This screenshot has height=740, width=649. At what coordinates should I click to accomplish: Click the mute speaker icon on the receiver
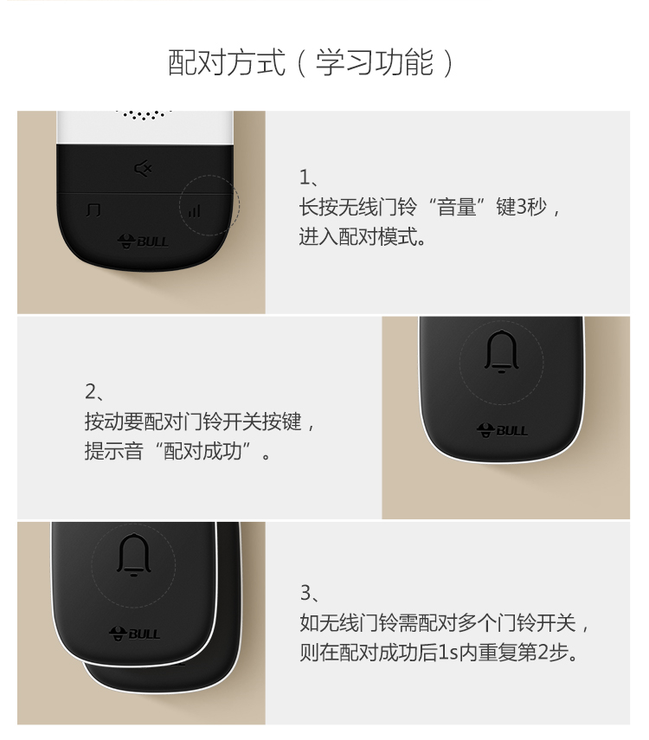tap(143, 169)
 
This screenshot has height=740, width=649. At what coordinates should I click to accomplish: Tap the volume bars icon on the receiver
tap(195, 210)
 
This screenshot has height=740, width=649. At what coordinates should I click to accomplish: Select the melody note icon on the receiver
tap(93, 210)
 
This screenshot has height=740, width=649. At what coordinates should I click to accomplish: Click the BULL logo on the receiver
tap(143, 241)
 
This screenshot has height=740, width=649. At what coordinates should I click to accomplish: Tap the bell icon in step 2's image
tap(501, 351)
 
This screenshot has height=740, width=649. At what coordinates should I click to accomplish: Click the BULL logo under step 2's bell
tap(502, 430)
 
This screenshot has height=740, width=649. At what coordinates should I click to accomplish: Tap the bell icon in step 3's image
tap(134, 555)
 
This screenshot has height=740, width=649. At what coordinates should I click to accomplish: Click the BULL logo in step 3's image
tap(134, 634)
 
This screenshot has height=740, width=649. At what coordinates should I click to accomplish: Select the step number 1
tap(305, 177)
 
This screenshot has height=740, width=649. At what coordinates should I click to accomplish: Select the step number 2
tap(91, 392)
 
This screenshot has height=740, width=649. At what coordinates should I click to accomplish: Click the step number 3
tap(305, 593)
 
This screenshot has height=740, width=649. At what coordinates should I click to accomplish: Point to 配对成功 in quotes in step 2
tap(203, 451)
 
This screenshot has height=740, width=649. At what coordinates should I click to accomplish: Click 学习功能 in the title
tap(375, 62)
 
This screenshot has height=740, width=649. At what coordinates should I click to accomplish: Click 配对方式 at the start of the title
tap(227, 62)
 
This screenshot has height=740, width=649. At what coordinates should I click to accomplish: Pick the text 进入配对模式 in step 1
tap(358, 236)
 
